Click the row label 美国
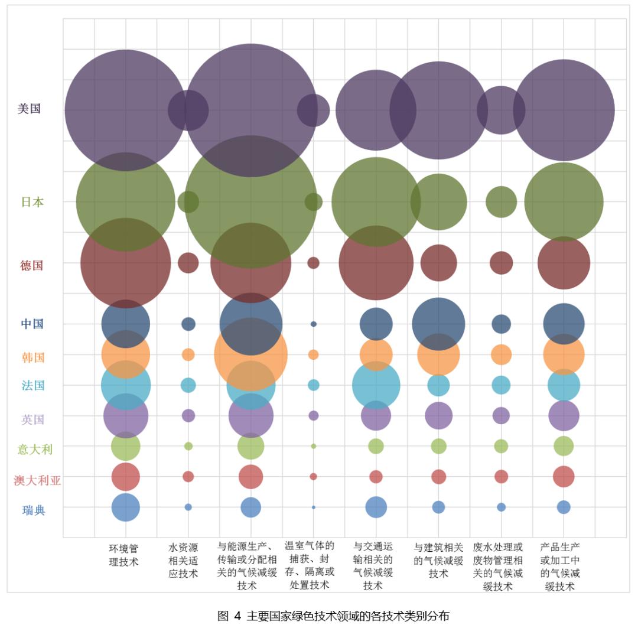coord(29,109)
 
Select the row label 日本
coord(32,202)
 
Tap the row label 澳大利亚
coord(37,480)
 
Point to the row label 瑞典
coord(34,510)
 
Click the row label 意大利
coord(35,450)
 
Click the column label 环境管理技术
coord(124,555)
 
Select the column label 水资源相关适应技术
coord(184,561)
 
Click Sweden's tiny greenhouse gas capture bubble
coord(314,507)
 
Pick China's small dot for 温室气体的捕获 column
coord(314,324)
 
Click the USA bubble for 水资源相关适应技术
coord(188,110)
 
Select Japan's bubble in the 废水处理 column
coord(501,202)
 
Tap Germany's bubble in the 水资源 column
coord(188,263)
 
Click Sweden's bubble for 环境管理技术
coord(126,507)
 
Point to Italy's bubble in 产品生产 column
coord(564,446)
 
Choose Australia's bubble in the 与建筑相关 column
coord(438,476)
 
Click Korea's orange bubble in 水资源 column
coord(188,354)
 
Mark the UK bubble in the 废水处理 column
coord(501,415)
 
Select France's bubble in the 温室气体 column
coord(314,385)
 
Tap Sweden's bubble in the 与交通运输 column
coord(376,507)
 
